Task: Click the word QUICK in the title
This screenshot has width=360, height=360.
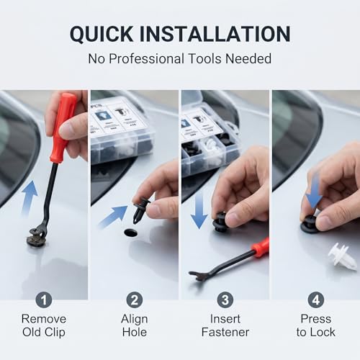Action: click(x=102, y=34)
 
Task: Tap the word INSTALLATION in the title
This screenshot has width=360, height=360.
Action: click(x=215, y=34)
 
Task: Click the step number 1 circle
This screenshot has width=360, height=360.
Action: click(x=44, y=300)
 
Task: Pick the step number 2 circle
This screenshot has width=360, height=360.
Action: click(x=135, y=300)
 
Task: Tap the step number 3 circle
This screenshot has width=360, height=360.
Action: click(x=225, y=300)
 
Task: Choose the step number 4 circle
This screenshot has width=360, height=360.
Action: click(x=316, y=300)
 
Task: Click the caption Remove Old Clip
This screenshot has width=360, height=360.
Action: click(x=44, y=325)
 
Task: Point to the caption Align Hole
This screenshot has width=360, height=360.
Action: click(x=135, y=325)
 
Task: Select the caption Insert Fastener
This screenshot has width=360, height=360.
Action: click(x=225, y=325)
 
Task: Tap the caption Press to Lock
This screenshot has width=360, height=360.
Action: click(x=316, y=325)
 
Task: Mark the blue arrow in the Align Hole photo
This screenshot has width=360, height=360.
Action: click(x=113, y=217)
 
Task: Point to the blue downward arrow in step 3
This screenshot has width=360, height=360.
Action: click(x=199, y=211)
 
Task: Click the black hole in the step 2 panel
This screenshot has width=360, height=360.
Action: click(x=131, y=233)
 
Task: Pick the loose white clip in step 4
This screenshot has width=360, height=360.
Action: click(x=342, y=258)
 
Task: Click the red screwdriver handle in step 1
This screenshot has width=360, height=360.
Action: click(x=63, y=127)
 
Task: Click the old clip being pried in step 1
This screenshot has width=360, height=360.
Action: click(x=35, y=238)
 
